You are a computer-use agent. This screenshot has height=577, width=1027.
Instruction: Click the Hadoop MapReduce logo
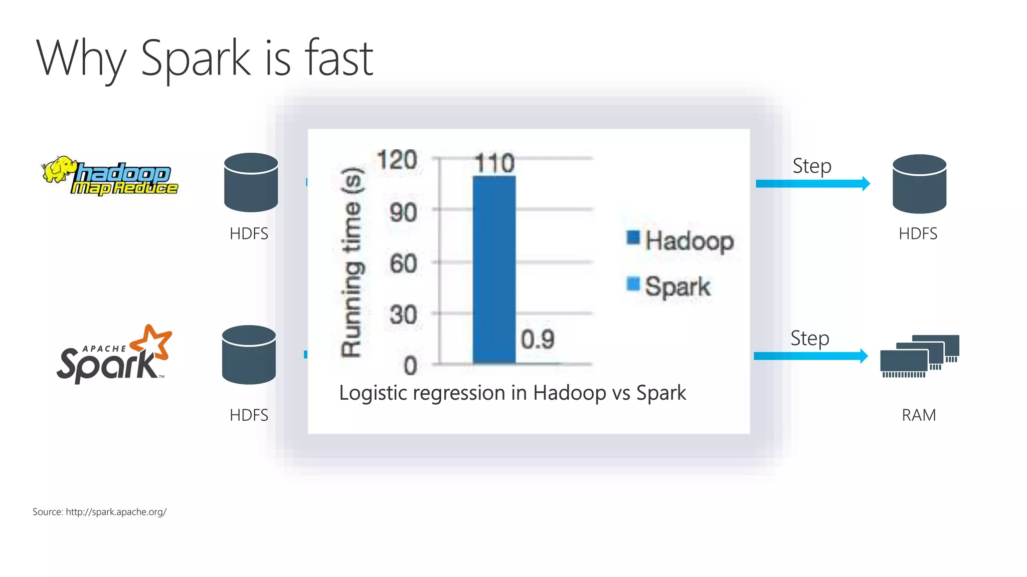click(x=110, y=176)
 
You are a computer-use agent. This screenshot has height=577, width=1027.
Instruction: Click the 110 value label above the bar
click(x=494, y=163)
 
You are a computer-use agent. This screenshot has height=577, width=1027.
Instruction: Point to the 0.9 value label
click(x=538, y=340)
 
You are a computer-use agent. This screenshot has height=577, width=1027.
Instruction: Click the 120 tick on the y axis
click(x=397, y=160)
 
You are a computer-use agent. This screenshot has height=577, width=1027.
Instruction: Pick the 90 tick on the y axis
click(x=403, y=212)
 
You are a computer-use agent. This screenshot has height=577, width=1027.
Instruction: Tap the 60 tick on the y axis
click(x=403, y=264)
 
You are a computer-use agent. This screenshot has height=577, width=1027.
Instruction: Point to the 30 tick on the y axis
click(x=403, y=316)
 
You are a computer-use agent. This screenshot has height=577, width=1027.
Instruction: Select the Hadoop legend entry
click(x=680, y=240)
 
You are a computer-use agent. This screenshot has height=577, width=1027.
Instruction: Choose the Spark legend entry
click(x=669, y=286)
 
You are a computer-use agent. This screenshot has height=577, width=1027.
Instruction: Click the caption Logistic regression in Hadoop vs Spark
click(x=512, y=393)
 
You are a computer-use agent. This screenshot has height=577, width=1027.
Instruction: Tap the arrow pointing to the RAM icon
click(x=810, y=356)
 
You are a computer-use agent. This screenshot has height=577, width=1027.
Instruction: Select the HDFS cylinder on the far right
click(x=919, y=183)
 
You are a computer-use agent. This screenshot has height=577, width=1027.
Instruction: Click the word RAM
click(x=919, y=415)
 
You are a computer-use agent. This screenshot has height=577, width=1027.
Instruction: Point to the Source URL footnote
click(x=99, y=512)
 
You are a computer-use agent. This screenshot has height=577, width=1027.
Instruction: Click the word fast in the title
click(x=339, y=59)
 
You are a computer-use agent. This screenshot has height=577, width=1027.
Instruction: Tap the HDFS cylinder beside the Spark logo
click(x=249, y=355)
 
